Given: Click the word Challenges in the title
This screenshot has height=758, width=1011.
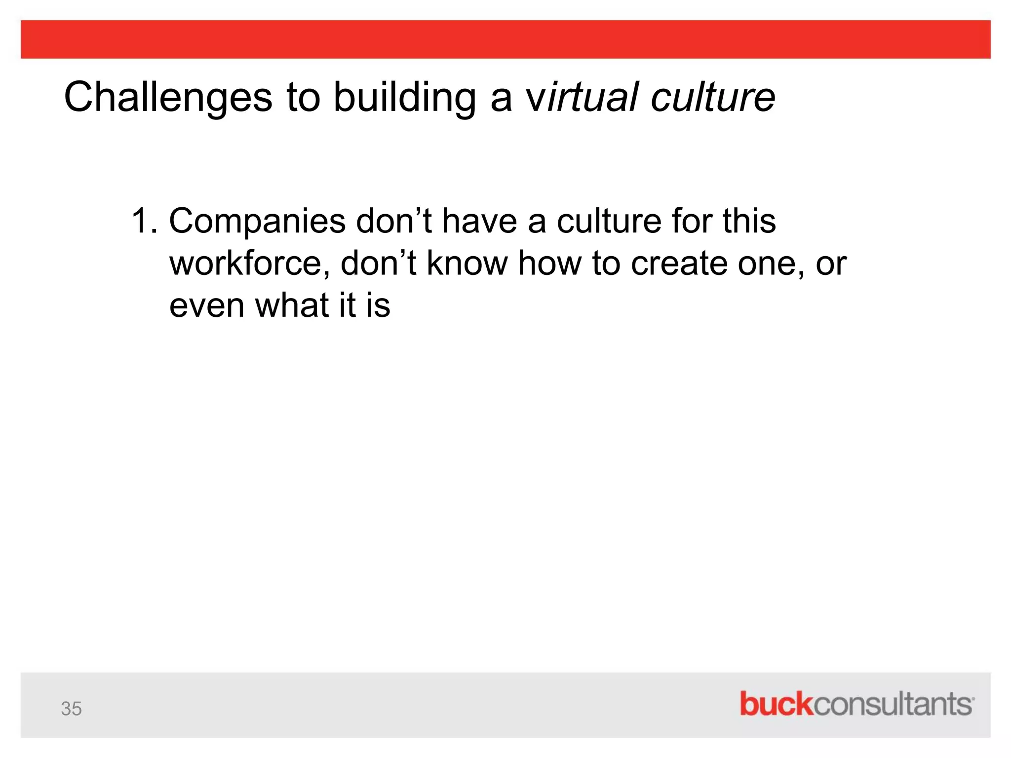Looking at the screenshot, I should [x=168, y=97].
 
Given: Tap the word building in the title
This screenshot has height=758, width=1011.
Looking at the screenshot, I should [x=404, y=97].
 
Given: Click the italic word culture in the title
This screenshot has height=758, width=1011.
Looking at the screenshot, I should [x=713, y=97].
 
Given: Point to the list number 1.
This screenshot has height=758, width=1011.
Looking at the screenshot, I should [x=144, y=221].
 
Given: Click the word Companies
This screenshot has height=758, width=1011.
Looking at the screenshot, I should [x=257, y=222].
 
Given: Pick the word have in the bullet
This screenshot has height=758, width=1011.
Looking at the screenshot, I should [x=479, y=221].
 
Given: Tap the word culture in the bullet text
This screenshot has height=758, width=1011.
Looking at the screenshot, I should [x=609, y=221].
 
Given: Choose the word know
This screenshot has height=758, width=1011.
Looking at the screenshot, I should [x=467, y=263].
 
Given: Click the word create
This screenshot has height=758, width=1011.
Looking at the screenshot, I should [x=679, y=263].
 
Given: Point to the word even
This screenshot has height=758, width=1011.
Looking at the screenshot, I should [x=207, y=305].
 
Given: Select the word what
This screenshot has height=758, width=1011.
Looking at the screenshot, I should [x=292, y=305].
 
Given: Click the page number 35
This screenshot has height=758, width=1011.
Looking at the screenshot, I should [x=71, y=709].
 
